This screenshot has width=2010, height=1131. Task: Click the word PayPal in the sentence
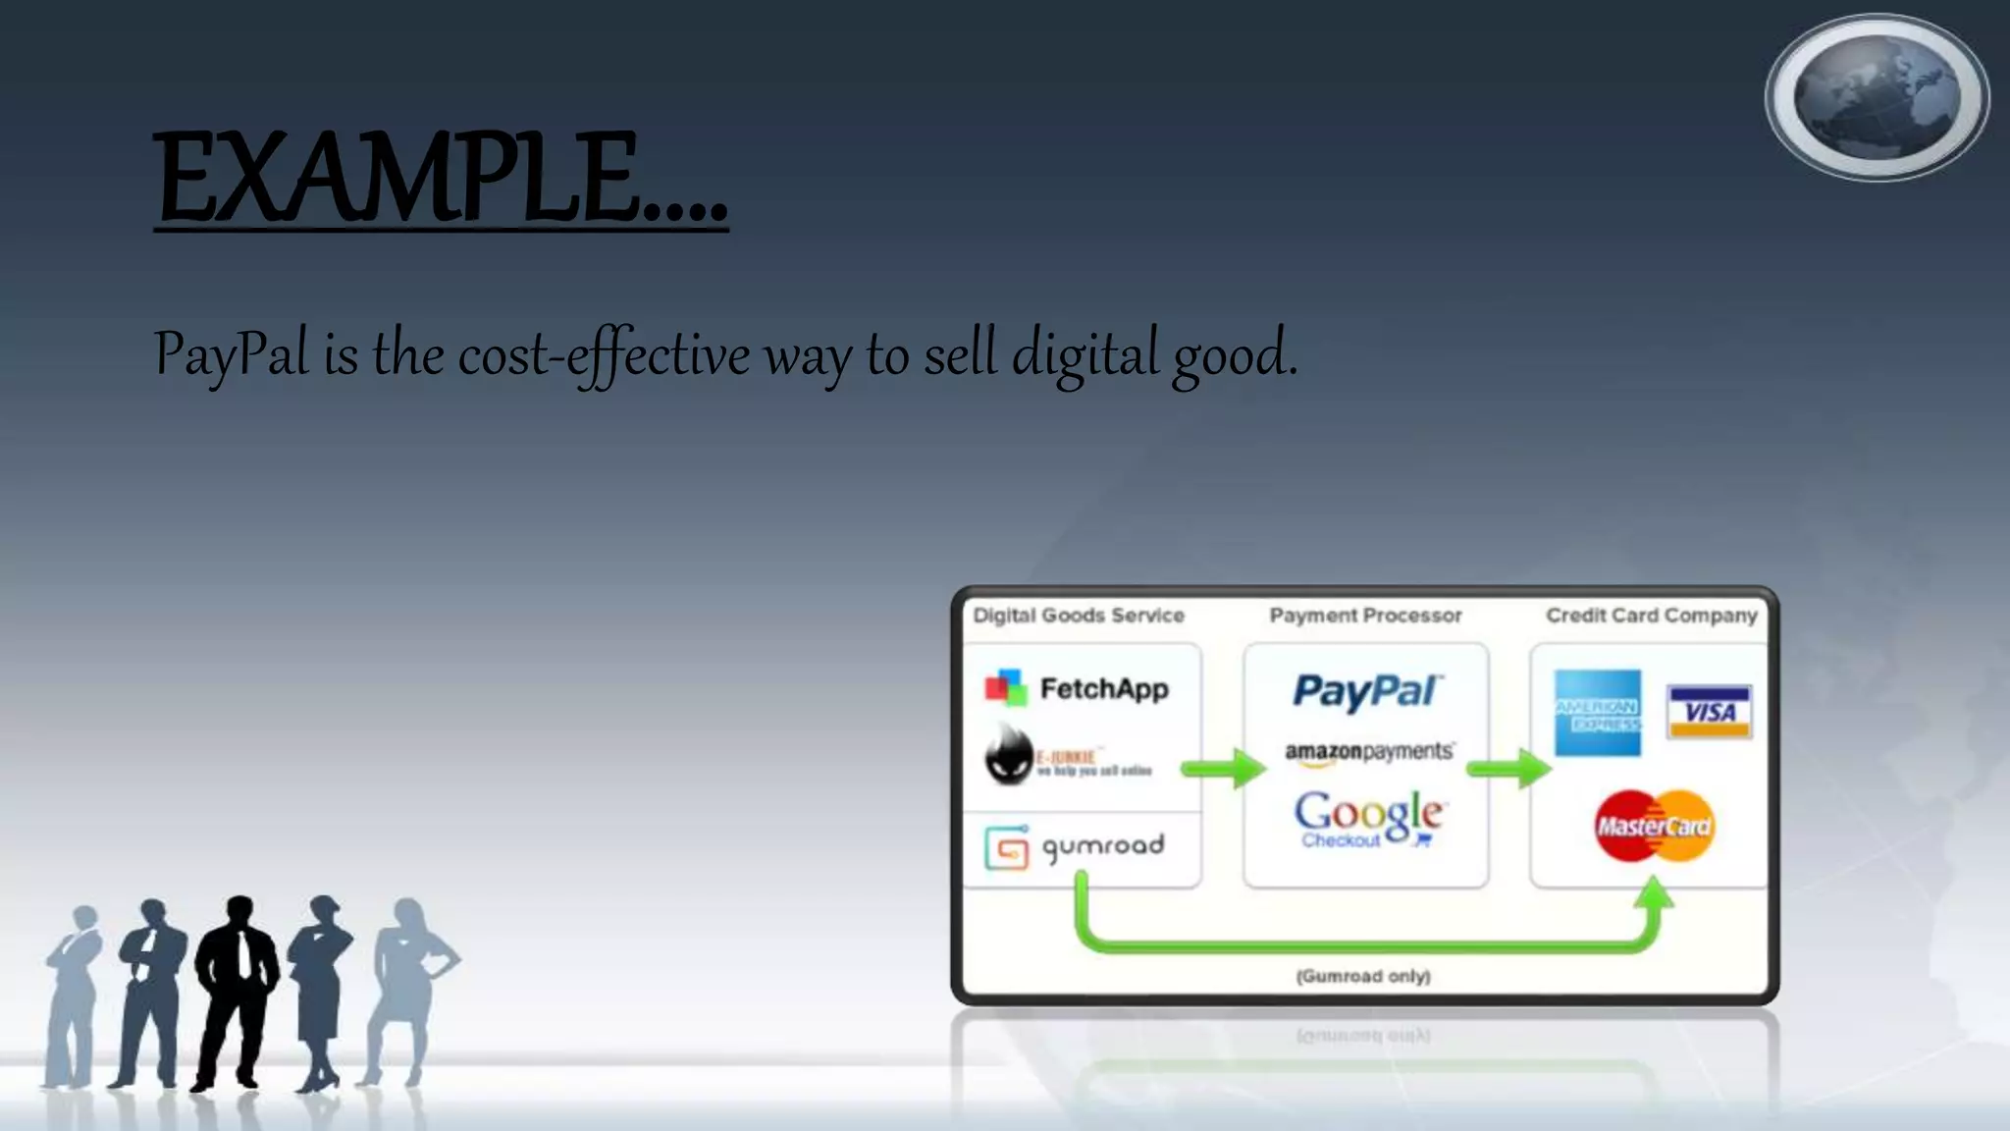[x=232, y=354]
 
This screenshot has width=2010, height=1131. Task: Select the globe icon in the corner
[x=1877, y=97]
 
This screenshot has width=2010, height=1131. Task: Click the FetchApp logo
[x=1077, y=688]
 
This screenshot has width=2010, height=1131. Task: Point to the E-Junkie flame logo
[x=1010, y=756]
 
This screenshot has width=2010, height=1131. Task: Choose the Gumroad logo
[x=1075, y=847]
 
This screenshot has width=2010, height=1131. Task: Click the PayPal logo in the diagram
[x=1366, y=691]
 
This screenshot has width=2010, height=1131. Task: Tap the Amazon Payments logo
[x=1369, y=752]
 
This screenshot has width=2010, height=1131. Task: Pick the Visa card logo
[x=1709, y=712]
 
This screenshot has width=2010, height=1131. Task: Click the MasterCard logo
[x=1654, y=826]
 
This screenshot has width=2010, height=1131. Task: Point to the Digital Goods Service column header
[x=1079, y=616]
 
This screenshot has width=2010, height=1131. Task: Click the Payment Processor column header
[x=1365, y=616]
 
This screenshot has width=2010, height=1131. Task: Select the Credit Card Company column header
[x=1651, y=616]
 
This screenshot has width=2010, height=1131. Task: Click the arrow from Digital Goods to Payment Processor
[x=1223, y=768]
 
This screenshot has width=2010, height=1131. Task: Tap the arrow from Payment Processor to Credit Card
[x=1508, y=768]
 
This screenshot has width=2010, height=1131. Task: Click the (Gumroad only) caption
[x=1363, y=976]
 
